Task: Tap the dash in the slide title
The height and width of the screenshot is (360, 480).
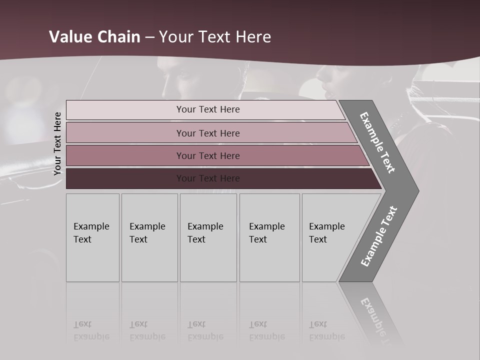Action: [x=149, y=37]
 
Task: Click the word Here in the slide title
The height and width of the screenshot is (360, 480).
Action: [x=253, y=37]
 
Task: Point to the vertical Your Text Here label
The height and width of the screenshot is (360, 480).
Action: [x=57, y=143]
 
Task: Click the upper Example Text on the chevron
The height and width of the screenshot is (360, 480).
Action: [x=377, y=142]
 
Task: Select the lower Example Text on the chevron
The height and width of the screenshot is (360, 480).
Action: [x=378, y=236]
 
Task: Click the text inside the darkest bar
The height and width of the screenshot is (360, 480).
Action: [x=208, y=178]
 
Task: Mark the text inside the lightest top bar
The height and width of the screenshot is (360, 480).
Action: [x=208, y=109]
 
